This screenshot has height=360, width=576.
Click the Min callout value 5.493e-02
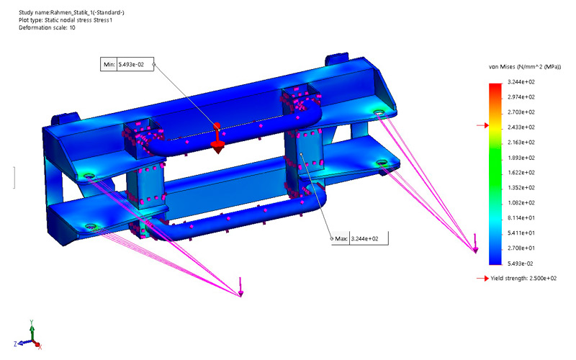click(131, 65)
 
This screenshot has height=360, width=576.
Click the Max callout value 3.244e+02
click(365, 239)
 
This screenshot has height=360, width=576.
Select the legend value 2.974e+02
click(521, 97)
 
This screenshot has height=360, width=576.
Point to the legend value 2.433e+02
click(521, 127)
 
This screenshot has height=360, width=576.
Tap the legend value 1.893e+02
click(521, 158)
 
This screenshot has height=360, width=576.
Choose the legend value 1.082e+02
click(521, 203)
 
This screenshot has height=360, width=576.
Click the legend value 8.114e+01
click(521, 218)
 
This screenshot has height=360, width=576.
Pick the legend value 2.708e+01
click(521, 248)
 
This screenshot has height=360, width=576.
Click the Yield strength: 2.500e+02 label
click(523, 279)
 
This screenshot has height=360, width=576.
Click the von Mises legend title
click(525, 67)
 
